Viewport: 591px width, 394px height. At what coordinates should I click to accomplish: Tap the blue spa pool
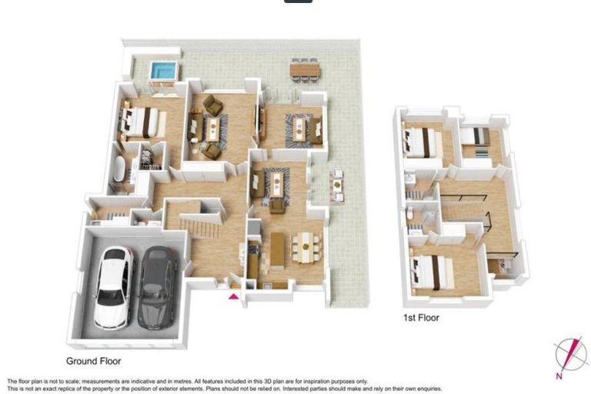164,70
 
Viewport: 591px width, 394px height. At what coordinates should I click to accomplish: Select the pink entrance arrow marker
234,296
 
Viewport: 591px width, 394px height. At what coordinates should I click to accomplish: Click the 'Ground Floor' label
93,361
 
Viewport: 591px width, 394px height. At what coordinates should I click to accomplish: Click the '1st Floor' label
421,318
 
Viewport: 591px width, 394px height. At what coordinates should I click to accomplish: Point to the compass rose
571,355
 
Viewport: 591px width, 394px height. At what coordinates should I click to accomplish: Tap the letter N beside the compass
559,376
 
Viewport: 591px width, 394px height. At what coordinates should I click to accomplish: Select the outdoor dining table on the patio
305,69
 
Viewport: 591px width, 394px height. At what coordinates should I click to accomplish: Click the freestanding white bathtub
119,169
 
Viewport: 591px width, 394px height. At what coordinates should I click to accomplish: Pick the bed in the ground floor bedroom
142,122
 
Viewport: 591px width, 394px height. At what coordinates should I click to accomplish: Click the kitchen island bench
277,251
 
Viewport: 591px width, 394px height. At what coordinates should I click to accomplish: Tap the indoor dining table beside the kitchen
306,248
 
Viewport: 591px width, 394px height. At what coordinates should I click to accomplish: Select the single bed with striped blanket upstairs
476,136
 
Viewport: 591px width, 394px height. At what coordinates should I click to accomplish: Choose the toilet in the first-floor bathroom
409,215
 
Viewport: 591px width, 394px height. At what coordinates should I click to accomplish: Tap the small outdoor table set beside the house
337,185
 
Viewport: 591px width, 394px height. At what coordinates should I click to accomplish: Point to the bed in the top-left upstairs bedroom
422,142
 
